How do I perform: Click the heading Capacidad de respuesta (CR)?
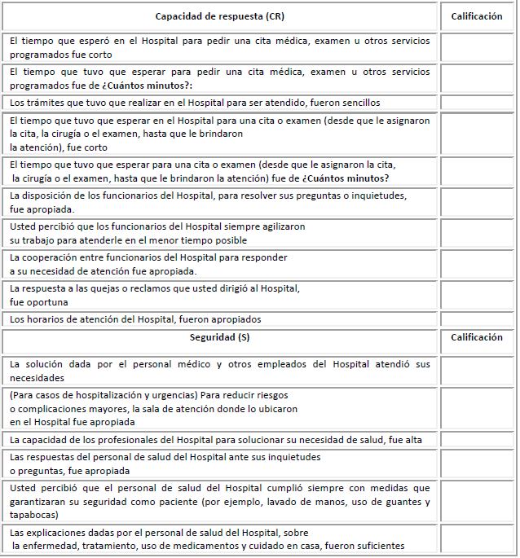(220, 16)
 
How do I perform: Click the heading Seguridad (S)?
(220, 337)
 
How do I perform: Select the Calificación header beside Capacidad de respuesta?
(476, 16)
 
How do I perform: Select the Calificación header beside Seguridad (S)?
(476, 337)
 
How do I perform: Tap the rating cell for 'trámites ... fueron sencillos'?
(476, 103)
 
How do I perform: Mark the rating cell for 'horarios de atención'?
(476, 319)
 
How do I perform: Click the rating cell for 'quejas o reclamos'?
(476, 295)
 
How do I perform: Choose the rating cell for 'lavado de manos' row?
(476, 501)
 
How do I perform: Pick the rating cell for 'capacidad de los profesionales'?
(476, 440)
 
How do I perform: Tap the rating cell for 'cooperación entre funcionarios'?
(476, 263)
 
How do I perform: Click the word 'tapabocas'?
(34, 515)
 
